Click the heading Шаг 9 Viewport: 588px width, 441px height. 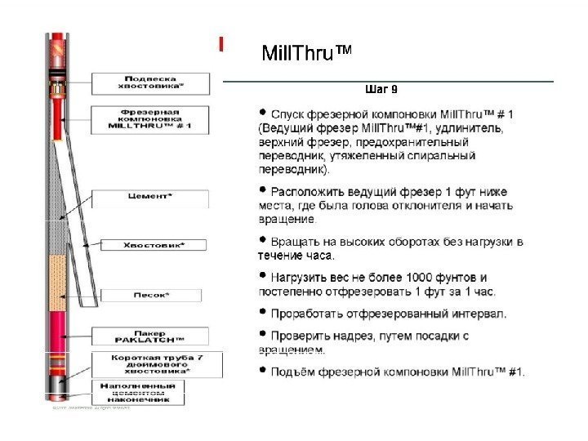click(381, 88)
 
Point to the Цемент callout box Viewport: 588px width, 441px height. click(150, 197)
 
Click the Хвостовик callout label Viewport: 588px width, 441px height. click(153, 244)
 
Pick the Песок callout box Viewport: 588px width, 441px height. click(150, 294)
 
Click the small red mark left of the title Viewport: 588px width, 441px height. click(220, 44)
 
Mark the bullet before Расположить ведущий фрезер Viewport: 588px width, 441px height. click(262, 189)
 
